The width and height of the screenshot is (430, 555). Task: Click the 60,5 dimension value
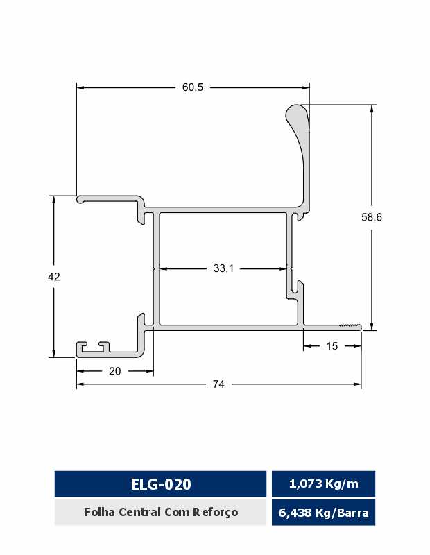pyautogui.click(x=193, y=87)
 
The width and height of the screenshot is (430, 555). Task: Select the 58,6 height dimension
pyautogui.click(x=372, y=217)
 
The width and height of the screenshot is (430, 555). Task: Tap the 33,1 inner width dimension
pyautogui.click(x=224, y=268)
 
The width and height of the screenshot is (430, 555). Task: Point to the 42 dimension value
pyautogui.click(x=54, y=276)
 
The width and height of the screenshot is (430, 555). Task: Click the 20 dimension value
pyautogui.click(x=114, y=371)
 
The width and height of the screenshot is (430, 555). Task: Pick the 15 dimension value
pyautogui.click(x=332, y=345)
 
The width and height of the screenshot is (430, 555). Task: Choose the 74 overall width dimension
pyautogui.click(x=218, y=384)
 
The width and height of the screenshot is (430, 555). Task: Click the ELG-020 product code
pyautogui.click(x=161, y=484)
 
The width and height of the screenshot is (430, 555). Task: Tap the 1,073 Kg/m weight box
pyautogui.click(x=323, y=484)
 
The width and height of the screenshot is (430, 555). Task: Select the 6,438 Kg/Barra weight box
pyautogui.click(x=323, y=513)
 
